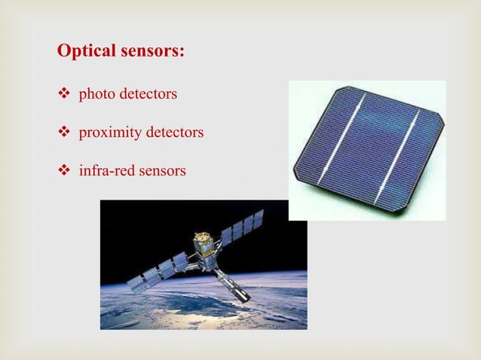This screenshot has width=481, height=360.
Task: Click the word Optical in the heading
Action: tap(84, 52)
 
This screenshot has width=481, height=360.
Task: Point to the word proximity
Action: tap(109, 133)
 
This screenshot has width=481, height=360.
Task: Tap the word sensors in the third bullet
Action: tap(161, 171)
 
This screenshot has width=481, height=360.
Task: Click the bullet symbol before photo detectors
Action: tap(64, 95)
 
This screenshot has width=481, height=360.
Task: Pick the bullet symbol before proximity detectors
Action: tap(64, 133)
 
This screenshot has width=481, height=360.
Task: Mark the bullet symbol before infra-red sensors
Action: tap(64, 171)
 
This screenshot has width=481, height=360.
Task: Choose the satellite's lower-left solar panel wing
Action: tap(159, 270)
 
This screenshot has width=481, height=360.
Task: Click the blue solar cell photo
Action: tap(367, 151)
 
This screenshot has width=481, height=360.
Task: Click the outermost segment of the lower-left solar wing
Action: tap(136, 282)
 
